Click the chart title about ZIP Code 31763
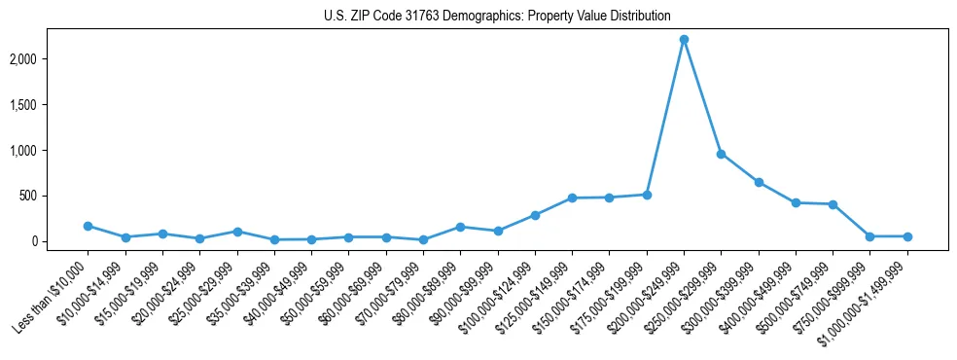pos(497,16)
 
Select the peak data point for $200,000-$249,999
pos(684,39)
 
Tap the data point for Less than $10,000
pos(88,226)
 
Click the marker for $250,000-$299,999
pos(721,154)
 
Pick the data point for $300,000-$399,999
pos(759,182)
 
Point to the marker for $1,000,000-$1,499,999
pos(907,236)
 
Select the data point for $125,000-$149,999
pos(572,198)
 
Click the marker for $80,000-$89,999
pos(460,227)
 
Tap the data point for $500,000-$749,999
pos(833,204)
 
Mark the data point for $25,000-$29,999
pos(236,232)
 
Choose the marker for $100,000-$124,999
pos(535,215)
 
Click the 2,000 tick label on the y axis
pos(50,59)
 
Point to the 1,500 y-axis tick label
pos(50,105)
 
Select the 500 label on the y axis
pos(55,196)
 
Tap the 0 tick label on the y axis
pos(60,241)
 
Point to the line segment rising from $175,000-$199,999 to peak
pos(665,117)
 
